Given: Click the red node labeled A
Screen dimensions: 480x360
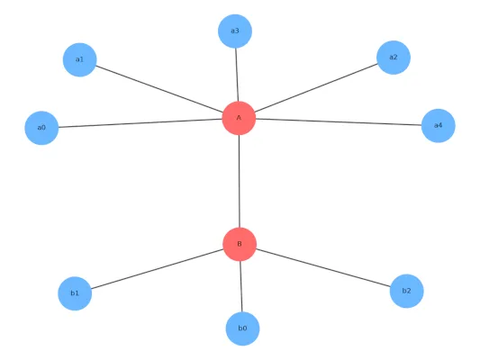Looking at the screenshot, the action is pos(239,118).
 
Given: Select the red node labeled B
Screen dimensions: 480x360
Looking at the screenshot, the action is pos(240,244).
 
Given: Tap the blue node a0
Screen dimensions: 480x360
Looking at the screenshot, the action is pos(41,128).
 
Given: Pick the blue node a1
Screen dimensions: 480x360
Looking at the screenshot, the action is pos(79,59).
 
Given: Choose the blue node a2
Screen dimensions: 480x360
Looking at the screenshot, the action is pos(394,58).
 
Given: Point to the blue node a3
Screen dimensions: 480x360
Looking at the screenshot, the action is pos(235,31).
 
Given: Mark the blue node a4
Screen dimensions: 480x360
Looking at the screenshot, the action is pos(438,126).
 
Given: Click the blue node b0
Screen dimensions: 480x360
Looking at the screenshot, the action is pos(242,328).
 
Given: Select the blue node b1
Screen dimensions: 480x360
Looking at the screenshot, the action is pos(75,293).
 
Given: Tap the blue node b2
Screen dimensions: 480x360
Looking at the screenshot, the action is pos(406,291).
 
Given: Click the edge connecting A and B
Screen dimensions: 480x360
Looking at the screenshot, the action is pos(239,181).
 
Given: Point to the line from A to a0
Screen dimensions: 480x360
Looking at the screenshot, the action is pos(140,123).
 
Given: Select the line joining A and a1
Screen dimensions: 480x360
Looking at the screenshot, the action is pos(159,89).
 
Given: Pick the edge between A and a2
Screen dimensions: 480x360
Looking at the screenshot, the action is pos(316,88).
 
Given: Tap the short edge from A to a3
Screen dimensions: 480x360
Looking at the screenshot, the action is pos(237,75).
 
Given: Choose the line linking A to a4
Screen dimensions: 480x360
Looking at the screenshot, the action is pos(339,121).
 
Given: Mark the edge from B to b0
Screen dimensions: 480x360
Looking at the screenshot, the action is pos(241,286).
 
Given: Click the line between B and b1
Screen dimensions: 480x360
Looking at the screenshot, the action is pos(157,269).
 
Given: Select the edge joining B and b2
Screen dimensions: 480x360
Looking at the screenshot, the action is pos(323,267).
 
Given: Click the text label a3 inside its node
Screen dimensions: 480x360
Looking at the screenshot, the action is pos(235,31).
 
